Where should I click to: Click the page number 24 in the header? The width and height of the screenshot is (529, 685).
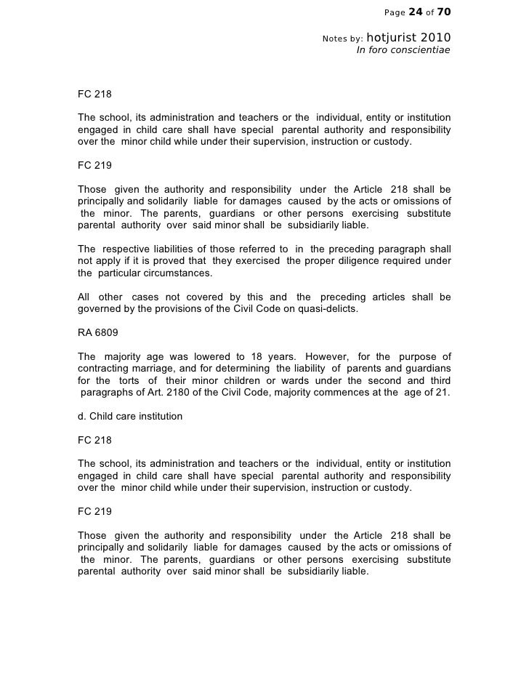(x=416, y=11)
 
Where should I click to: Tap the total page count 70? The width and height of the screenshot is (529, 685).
(x=444, y=11)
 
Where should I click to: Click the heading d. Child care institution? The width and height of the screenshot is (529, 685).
(x=130, y=417)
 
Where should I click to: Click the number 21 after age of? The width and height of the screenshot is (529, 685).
(x=443, y=393)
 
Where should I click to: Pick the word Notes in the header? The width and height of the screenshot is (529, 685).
(x=336, y=38)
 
